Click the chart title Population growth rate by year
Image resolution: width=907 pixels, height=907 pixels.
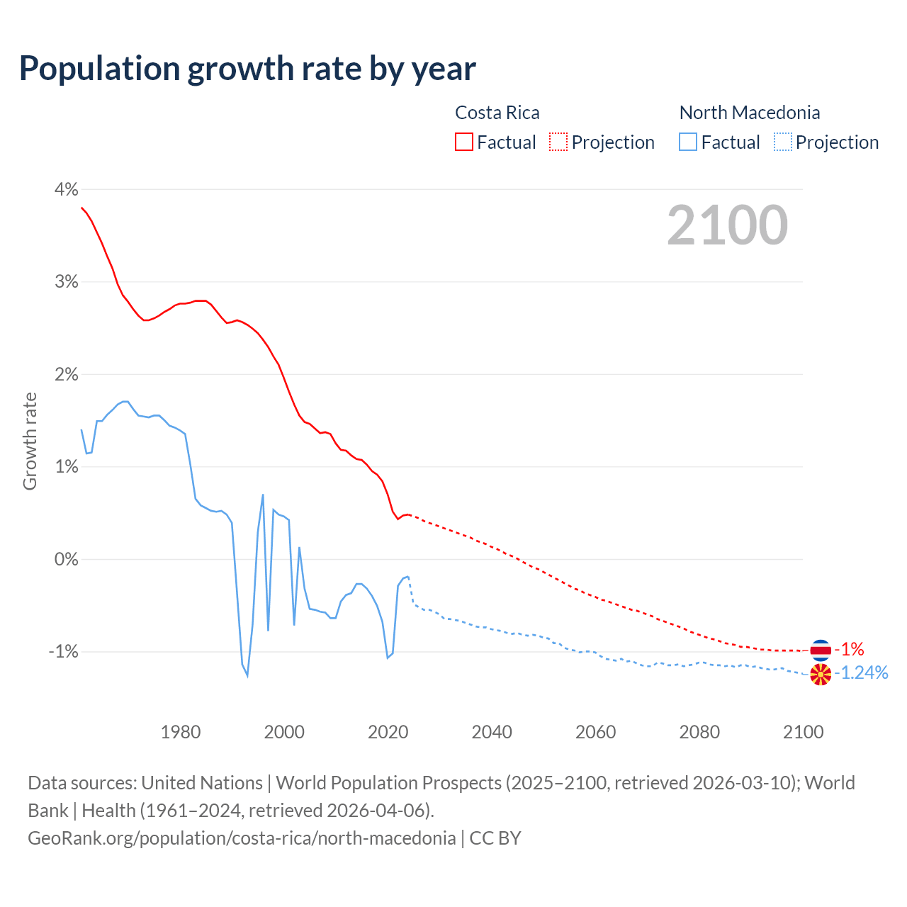[x=247, y=69]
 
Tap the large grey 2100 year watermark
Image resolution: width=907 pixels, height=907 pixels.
[x=727, y=225]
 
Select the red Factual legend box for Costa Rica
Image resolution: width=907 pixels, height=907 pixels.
[x=464, y=142]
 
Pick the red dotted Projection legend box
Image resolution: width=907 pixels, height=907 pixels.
[x=558, y=142]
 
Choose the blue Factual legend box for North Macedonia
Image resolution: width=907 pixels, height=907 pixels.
[x=688, y=142]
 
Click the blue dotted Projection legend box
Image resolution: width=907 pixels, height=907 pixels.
[x=782, y=142]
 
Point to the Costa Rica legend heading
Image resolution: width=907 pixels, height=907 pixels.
[x=497, y=113]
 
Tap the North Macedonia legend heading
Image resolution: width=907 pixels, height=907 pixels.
[x=749, y=113]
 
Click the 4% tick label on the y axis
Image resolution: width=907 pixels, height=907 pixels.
[x=65, y=189]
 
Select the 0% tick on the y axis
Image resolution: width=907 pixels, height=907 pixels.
[x=65, y=559]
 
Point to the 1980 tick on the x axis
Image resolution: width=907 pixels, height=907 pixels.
[x=181, y=732]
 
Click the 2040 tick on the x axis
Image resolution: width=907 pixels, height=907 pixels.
[x=492, y=732]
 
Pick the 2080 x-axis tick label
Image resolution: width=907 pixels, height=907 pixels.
[x=699, y=732]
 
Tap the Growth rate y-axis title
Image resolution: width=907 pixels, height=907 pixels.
[x=30, y=441]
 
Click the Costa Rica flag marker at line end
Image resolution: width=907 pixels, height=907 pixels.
[x=821, y=649]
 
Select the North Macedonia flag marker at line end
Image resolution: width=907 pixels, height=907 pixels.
[x=821, y=675]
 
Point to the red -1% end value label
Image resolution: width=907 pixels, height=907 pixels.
[x=849, y=649]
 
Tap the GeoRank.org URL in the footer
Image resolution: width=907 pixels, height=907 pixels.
[x=242, y=838]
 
